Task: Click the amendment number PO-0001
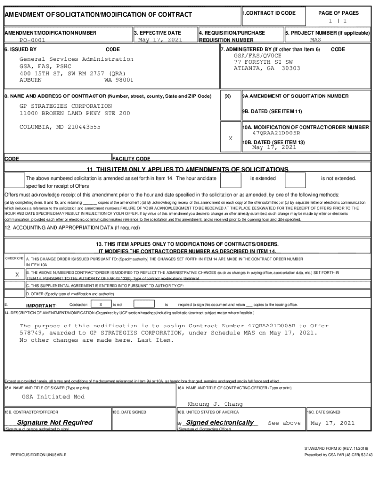tap(33, 41)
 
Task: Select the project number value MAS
tap(316, 40)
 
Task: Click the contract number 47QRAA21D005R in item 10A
tap(276, 133)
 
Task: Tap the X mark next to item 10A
tap(230, 139)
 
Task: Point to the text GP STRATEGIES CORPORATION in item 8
tap(65, 106)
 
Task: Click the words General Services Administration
tap(76, 59)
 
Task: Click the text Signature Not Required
tap(54, 422)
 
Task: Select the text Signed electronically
tap(220, 422)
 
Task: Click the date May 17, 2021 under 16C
tap(332, 423)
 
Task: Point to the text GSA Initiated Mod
tap(53, 397)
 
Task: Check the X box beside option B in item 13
tap(17, 275)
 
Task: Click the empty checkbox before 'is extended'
tap(231, 180)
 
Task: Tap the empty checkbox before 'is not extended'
tap(295, 180)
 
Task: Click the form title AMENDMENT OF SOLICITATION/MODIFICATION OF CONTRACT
tap(98, 15)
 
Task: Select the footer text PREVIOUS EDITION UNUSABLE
tap(38, 455)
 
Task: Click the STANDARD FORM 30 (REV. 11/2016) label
tap(336, 448)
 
